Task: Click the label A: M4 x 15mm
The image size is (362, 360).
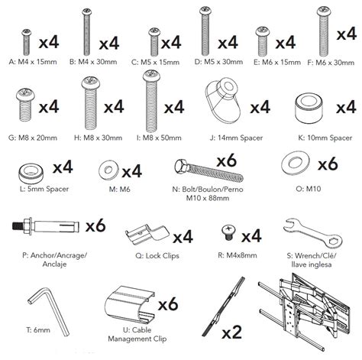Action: (33, 62)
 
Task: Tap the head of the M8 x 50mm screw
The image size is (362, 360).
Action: (151, 76)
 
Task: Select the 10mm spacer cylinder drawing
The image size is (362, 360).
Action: (309, 107)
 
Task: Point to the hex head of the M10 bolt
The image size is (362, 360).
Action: (181, 166)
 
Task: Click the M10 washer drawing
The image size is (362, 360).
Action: (296, 163)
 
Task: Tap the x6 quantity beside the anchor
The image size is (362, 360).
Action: (95, 225)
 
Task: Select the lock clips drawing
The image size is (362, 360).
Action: (147, 234)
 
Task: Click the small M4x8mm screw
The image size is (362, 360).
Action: (228, 232)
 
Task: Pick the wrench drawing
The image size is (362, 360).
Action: (312, 233)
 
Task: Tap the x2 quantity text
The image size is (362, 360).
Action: (231, 332)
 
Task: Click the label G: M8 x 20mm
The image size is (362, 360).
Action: (33, 138)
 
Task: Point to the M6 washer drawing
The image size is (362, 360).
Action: (108, 170)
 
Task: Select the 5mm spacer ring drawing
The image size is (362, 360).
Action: (31, 174)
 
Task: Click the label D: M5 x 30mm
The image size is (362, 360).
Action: (218, 62)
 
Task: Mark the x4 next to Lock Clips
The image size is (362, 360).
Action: (183, 237)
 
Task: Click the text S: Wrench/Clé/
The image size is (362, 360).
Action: (312, 255)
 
